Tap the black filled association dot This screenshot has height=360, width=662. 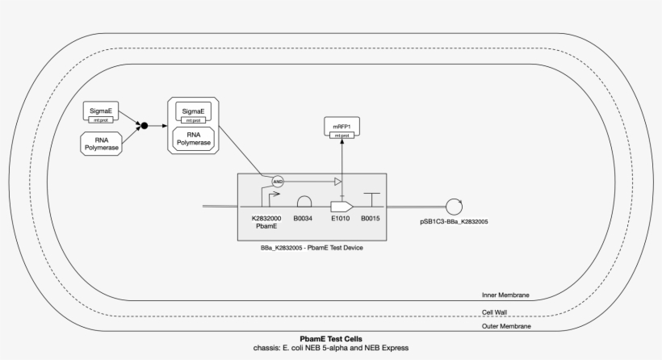coord(145,126)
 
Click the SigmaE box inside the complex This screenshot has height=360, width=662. coord(193,111)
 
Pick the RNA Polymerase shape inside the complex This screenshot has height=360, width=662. coord(193,138)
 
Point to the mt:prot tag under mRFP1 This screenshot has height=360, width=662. coord(342,136)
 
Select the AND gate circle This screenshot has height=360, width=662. coord(278,182)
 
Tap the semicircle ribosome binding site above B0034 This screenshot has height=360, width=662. coord(305,201)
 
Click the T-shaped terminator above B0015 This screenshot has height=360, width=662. coord(371,199)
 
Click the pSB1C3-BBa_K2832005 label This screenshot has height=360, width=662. coord(454,221)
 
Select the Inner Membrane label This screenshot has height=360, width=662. coord(505,295)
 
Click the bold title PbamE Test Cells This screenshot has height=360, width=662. coord(331,339)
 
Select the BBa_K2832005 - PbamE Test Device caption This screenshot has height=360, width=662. coord(307,249)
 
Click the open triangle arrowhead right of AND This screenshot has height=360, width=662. coord(338,182)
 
